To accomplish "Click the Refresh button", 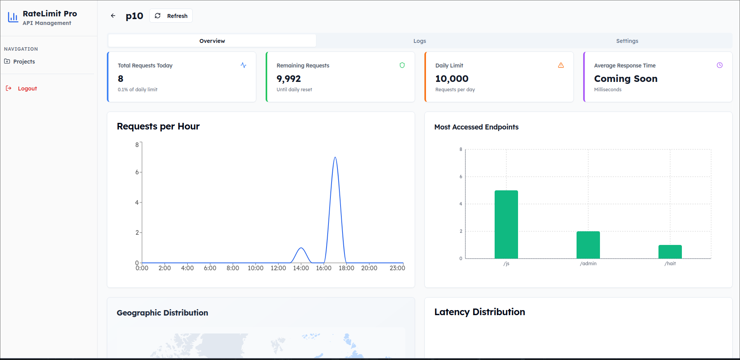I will [x=171, y=16].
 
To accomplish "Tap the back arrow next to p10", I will [x=113, y=16].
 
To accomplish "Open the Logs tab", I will [x=419, y=41].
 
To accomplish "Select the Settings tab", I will [x=627, y=41].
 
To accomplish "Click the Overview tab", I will [x=212, y=41].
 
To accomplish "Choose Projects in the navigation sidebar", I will [x=24, y=62].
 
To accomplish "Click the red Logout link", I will [x=27, y=89].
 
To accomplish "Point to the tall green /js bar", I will [x=506, y=224].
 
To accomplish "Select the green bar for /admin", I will [x=588, y=245].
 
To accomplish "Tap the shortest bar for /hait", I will [x=670, y=252].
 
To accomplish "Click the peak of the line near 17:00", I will [x=335, y=157].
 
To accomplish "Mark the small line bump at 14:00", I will [x=301, y=248].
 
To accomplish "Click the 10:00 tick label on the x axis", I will [x=256, y=268].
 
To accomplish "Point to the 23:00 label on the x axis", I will [x=397, y=268].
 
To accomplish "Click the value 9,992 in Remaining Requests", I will [x=289, y=79].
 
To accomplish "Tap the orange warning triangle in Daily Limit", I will [x=561, y=65].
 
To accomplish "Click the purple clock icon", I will [x=720, y=65].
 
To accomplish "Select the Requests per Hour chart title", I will [x=158, y=126].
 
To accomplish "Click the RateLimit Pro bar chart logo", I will [x=13, y=17].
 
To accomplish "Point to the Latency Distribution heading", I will [x=479, y=312].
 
